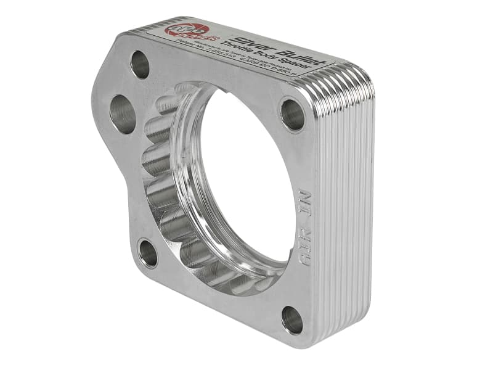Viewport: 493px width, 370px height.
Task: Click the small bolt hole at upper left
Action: (x=141, y=64)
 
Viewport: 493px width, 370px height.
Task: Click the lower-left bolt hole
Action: (x=148, y=253)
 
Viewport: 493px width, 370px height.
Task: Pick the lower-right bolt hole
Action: (x=291, y=320)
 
